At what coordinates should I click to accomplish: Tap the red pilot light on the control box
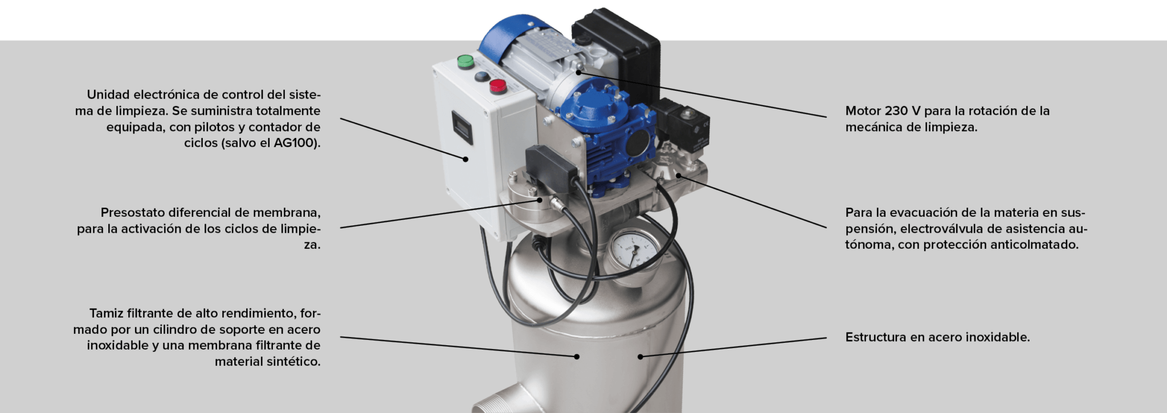pyautogui.click(x=498, y=86)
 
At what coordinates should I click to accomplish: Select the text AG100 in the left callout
pyautogui.click(x=295, y=143)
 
